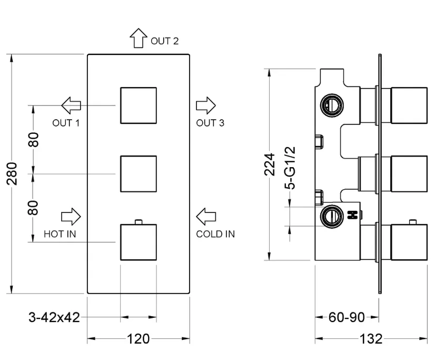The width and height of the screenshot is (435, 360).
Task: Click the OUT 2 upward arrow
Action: (x=139, y=38)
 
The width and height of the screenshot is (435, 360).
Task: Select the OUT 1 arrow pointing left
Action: (x=71, y=105)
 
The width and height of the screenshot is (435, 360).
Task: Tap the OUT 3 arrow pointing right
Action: (x=206, y=105)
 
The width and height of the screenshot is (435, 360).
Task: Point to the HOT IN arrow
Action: (x=71, y=217)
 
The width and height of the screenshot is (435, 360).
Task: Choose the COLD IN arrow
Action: (x=206, y=217)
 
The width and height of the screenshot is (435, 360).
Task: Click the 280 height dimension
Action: (x=12, y=174)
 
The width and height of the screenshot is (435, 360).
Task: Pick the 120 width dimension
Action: (x=138, y=339)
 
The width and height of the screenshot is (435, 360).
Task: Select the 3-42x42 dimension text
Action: (x=54, y=317)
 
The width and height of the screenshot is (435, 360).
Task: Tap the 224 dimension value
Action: (x=270, y=164)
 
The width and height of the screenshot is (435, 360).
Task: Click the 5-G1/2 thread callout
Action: (x=290, y=168)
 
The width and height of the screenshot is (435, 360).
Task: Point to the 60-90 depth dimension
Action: (x=347, y=317)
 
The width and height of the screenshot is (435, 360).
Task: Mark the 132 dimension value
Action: (x=371, y=339)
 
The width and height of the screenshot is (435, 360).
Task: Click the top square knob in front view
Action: (x=139, y=105)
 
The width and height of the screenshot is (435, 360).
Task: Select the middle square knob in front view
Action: (x=139, y=174)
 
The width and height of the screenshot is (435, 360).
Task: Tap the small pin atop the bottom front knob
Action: (x=139, y=222)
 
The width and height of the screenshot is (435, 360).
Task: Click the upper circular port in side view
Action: (x=332, y=105)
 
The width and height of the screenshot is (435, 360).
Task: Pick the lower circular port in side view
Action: (x=332, y=217)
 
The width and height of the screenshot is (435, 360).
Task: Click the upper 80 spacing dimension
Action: (x=33, y=140)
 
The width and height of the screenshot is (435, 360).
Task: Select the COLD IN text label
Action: (x=215, y=234)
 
